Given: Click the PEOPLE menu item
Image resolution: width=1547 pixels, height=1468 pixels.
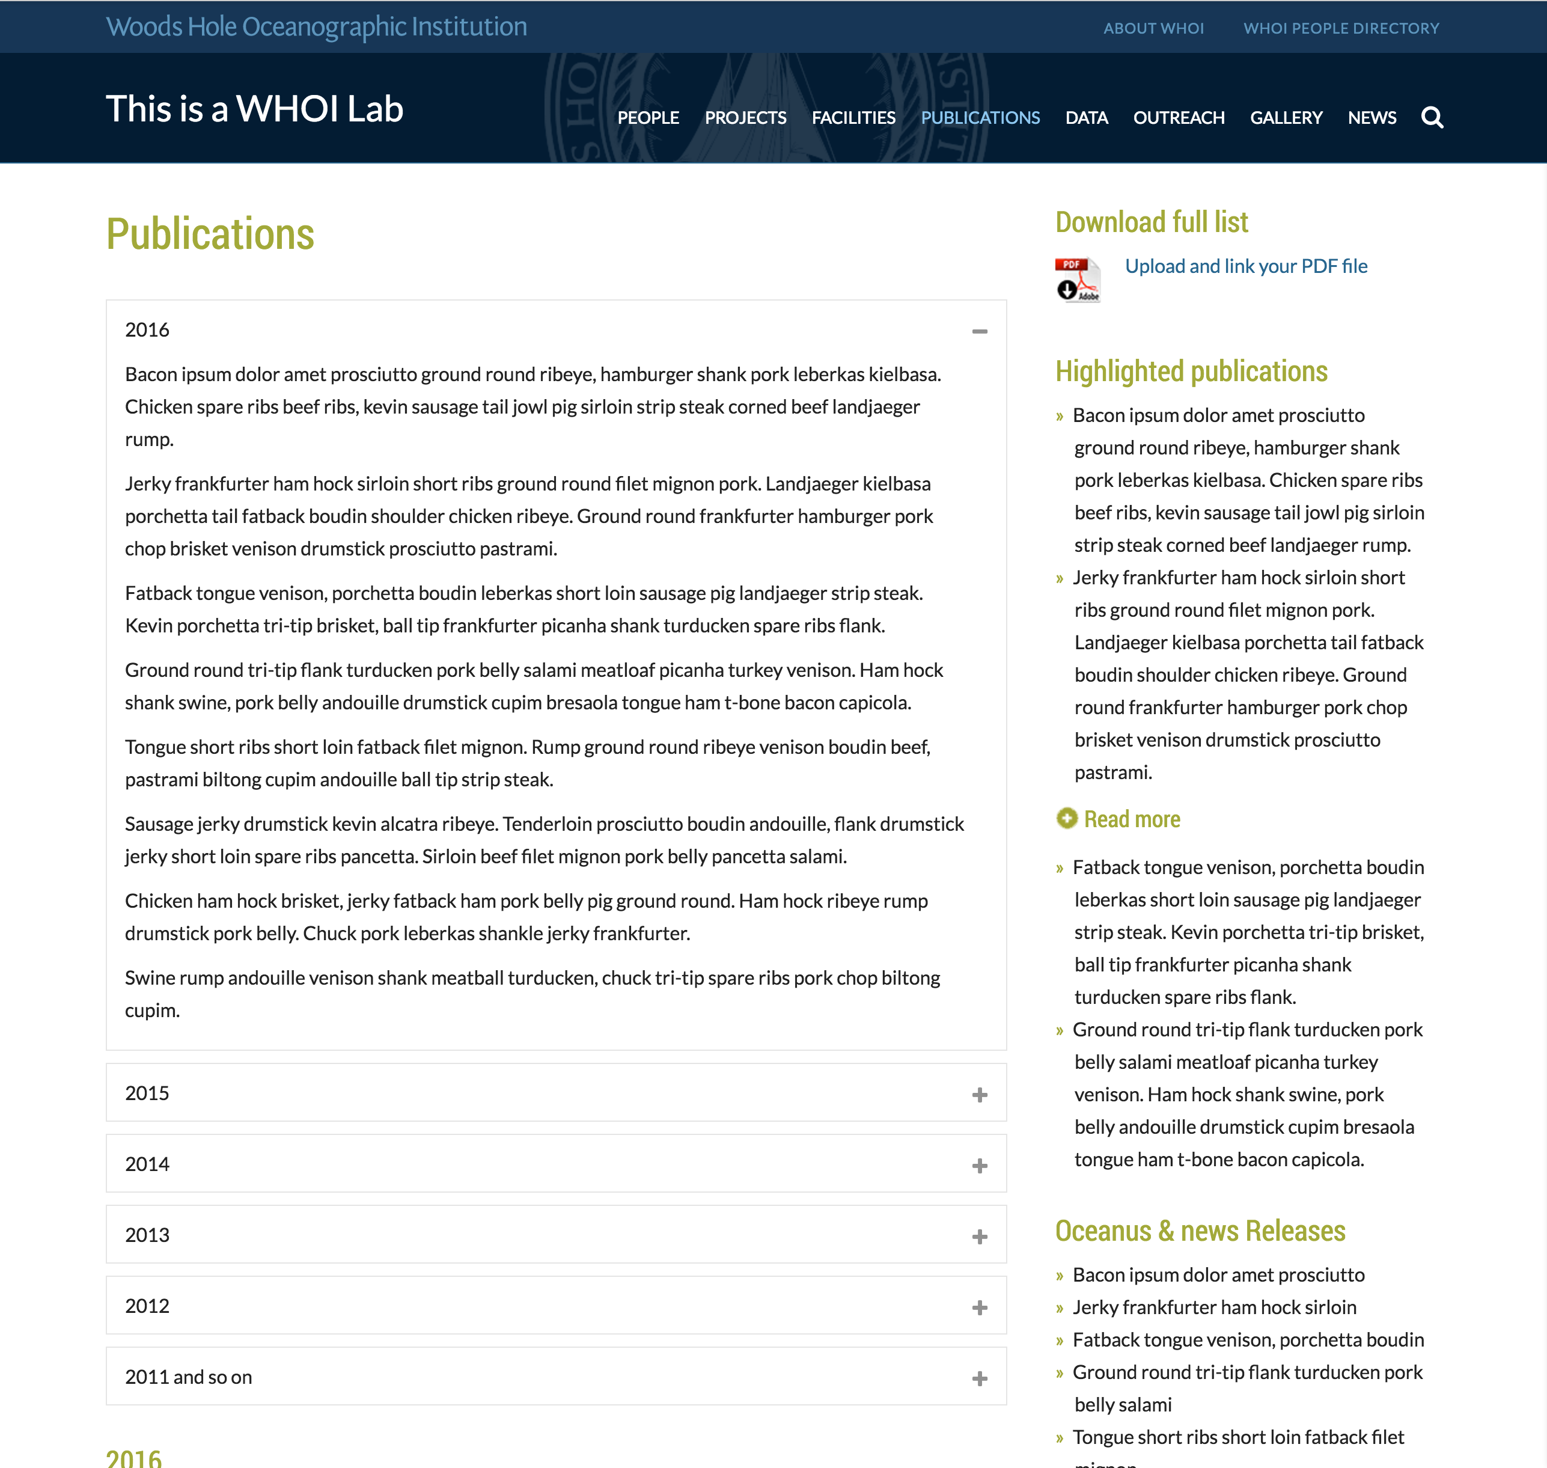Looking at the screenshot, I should [648, 117].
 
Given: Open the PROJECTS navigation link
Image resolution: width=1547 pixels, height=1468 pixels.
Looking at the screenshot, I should [745, 117].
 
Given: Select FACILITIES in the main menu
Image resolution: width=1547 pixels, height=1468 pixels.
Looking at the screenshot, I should [853, 117].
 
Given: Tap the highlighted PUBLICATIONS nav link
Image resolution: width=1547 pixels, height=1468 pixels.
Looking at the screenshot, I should [980, 117].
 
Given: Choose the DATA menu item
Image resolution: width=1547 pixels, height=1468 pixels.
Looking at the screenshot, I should [1086, 117].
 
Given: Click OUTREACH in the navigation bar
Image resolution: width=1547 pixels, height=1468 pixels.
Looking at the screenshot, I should [1179, 117].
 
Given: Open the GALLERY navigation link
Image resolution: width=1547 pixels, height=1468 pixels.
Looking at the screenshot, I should [1286, 117].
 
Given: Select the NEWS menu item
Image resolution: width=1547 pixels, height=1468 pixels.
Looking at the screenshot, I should [1372, 117].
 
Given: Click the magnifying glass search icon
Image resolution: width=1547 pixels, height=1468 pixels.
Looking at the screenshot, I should [1432, 117].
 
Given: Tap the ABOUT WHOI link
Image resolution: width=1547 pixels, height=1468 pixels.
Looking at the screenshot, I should [1153, 28].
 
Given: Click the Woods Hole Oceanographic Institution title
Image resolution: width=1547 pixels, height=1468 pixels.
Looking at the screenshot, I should [316, 26].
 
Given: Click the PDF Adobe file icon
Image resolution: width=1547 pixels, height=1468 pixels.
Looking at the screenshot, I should [1078, 280].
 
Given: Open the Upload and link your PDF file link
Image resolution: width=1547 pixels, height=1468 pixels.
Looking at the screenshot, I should [1246, 266].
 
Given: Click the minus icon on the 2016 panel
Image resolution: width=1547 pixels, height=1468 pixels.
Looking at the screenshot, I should [979, 332].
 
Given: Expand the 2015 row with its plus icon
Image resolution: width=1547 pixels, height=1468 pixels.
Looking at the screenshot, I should [979, 1095].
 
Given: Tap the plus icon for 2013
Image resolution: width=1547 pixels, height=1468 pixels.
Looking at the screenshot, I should [979, 1237].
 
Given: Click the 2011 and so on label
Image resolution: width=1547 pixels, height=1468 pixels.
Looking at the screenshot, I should [189, 1377].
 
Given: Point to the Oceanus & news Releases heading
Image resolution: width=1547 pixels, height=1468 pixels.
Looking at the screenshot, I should [1200, 1231].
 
